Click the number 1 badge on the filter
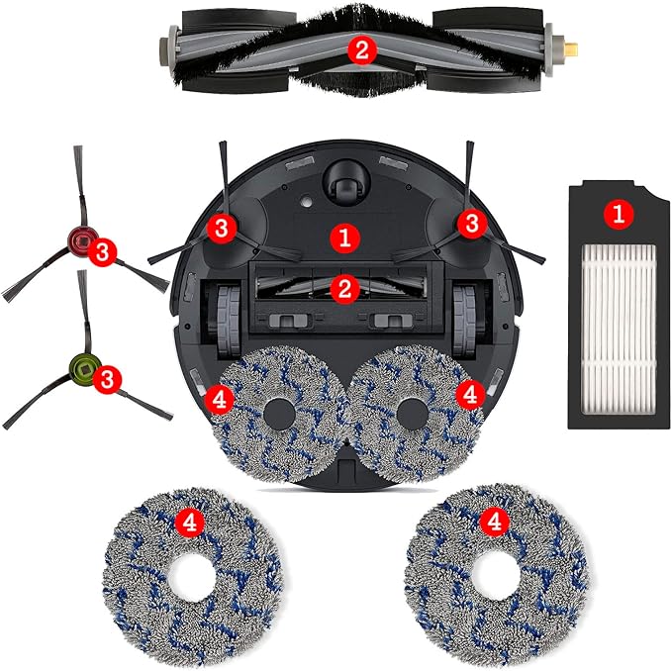[x=619, y=212]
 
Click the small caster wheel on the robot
[x=343, y=180]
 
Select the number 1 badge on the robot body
[x=343, y=237]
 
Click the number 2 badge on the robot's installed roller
[x=343, y=289]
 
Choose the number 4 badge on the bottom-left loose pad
[x=184, y=518]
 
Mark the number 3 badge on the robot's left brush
[x=222, y=228]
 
